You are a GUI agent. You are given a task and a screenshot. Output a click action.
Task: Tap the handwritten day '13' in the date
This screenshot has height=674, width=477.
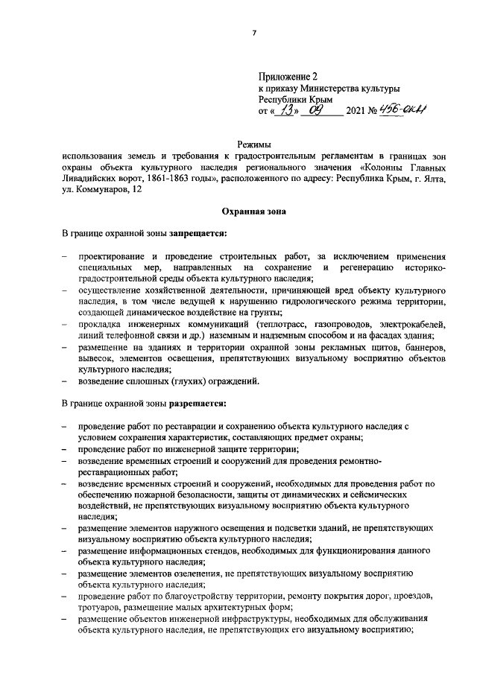click(286, 109)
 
